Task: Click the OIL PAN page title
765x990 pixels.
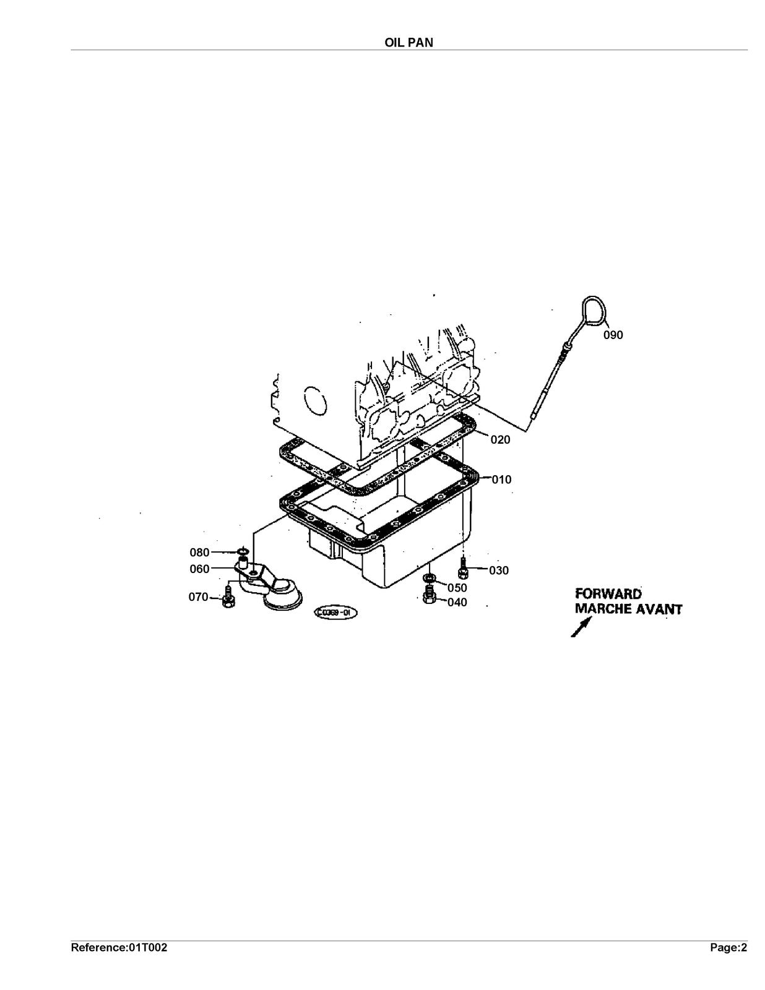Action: (x=408, y=42)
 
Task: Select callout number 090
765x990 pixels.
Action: (x=613, y=335)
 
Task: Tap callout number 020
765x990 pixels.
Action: (x=500, y=440)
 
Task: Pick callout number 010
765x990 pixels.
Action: (x=502, y=480)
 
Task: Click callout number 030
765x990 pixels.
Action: (x=499, y=570)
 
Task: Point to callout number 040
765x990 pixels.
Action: (x=457, y=602)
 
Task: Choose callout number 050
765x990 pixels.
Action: (x=457, y=588)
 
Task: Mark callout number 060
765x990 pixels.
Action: (x=199, y=569)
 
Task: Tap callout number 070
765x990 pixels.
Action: (x=198, y=597)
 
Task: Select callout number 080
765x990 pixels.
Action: (x=199, y=553)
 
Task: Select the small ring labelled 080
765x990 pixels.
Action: (x=243, y=552)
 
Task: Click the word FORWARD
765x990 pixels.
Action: (x=608, y=594)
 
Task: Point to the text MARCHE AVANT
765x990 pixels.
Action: (x=629, y=609)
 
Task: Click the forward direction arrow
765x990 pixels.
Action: (x=582, y=627)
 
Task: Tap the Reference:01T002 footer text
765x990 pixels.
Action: (x=119, y=948)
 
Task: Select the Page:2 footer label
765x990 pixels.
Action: (x=729, y=948)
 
